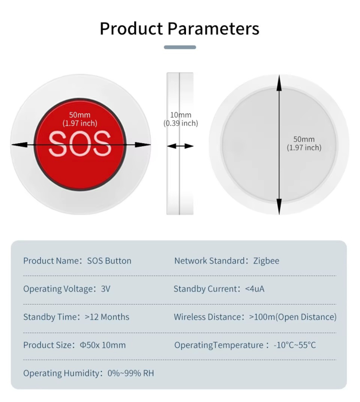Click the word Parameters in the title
click(x=213, y=29)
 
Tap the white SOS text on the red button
click(x=80, y=144)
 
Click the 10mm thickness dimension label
click(x=181, y=115)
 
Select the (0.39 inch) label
click(x=181, y=123)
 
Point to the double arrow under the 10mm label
click(x=180, y=146)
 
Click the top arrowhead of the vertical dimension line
click(x=279, y=83)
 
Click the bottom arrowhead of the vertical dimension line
click(x=279, y=207)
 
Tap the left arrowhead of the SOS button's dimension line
click(x=20, y=145)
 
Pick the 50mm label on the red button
click(x=79, y=115)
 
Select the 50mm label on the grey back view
click(x=304, y=139)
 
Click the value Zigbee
click(x=266, y=261)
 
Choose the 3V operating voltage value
click(x=106, y=289)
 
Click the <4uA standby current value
click(x=254, y=289)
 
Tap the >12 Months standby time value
click(x=107, y=317)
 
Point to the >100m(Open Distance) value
click(x=293, y=317)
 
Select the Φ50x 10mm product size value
click(x=103, y=345)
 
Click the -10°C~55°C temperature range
click(x=295, y=345)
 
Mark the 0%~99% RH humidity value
click(x=131, y=373)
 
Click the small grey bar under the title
click(x=180, y=47)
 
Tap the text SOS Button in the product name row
click(x=109, y=261)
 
